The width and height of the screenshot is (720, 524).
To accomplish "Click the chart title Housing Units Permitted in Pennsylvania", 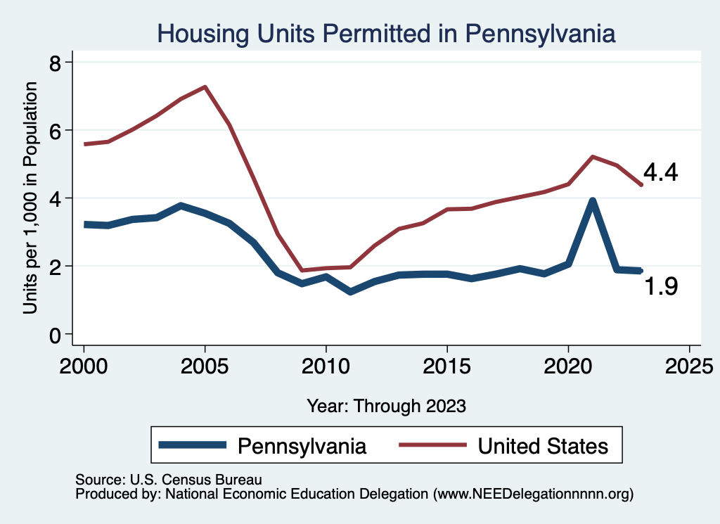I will click(386, 33).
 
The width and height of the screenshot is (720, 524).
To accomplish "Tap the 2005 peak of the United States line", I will click(205, 87).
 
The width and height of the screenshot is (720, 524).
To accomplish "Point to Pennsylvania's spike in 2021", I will click(592, 201).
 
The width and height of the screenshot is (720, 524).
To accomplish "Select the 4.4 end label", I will click(660, 173).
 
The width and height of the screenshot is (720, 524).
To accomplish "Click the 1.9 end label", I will click(661, 286).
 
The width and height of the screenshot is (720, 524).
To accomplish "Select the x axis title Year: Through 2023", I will click(386, 406).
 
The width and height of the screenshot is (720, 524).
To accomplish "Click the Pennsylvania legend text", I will click(302, 445).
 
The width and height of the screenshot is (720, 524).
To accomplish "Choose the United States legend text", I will click(542, 445).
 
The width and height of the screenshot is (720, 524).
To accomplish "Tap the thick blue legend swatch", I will click(193, 445).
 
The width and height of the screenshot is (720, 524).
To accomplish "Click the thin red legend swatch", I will click(432, 445).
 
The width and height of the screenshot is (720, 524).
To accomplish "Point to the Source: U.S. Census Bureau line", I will click(169, 480).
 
